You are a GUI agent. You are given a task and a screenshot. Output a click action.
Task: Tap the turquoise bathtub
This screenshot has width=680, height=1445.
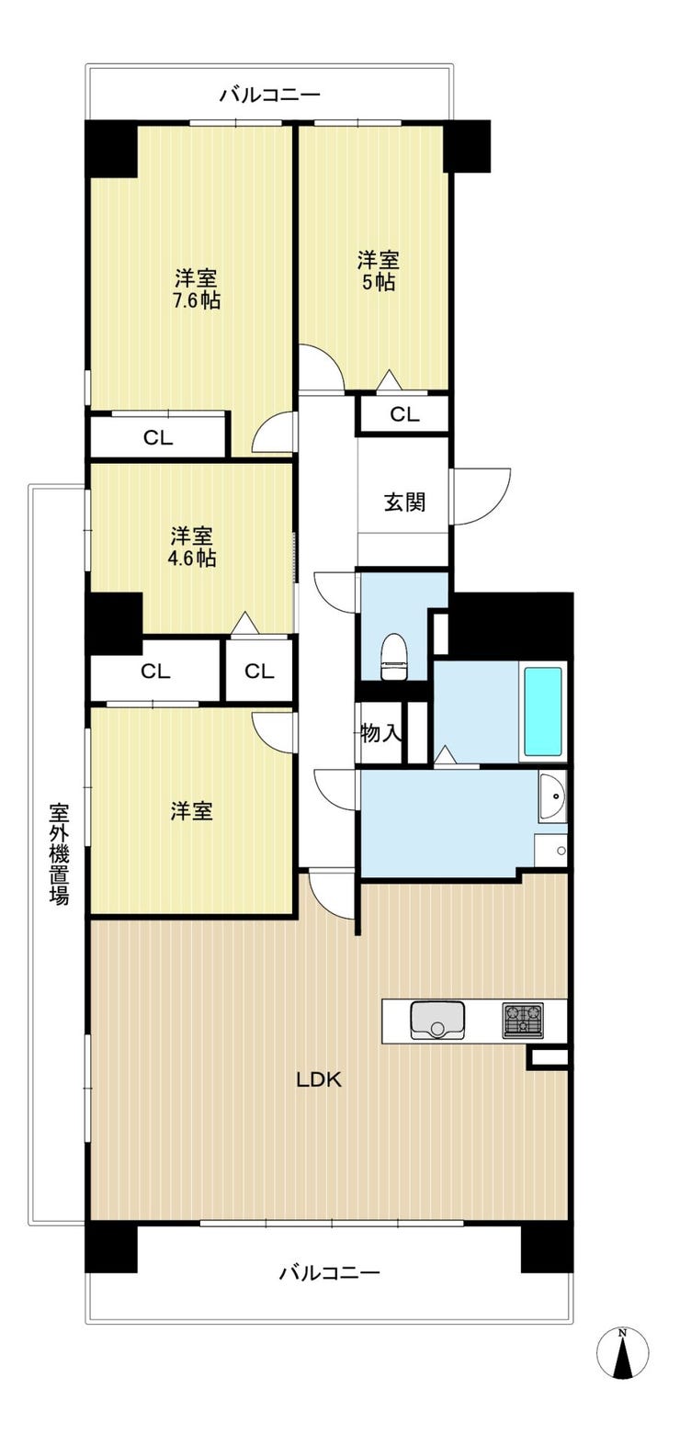(x=542, y=711)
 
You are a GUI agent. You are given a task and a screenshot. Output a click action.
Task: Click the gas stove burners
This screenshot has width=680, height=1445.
(x=523, y=1020)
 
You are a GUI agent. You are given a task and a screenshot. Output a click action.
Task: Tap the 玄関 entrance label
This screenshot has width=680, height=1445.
(x=404, y=502)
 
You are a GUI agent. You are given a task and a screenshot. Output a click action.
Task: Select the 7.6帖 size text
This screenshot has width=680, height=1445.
(x=196, y=300)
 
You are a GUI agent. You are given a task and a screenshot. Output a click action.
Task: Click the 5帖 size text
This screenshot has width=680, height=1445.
(x=378, y=282)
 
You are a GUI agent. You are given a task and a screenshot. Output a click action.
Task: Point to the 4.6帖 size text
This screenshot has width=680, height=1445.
(x=192, y=558)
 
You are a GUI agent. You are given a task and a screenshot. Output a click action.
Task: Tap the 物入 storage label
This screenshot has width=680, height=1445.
(x=381, y=733)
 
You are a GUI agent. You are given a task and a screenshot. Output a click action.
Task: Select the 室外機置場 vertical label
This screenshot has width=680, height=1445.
(x=60, y=853)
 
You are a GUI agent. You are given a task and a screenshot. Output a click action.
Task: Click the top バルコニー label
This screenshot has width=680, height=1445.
(x=269, y=96)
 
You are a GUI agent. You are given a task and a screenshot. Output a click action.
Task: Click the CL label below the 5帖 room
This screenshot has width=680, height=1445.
(x=404, y=414)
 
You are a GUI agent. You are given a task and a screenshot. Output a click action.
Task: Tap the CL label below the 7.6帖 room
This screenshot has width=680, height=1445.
(x=158, y=438)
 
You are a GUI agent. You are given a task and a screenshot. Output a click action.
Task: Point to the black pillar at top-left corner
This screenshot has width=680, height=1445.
(x=111, y=149)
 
